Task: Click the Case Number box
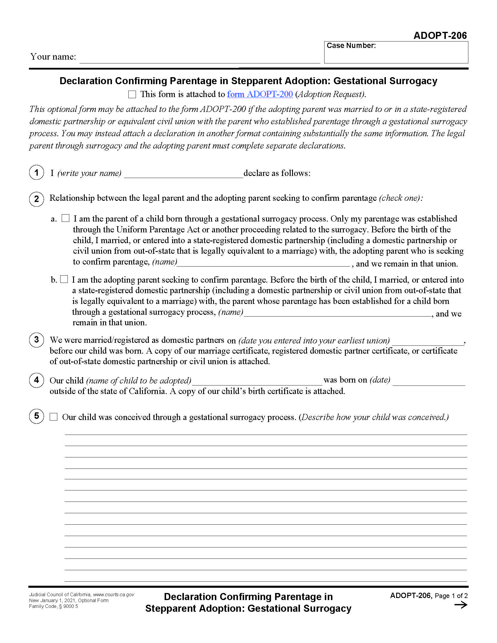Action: point(396,54)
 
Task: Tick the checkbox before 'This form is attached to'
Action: point(132,94)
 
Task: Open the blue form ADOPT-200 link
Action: point(260,94)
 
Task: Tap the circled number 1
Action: point(37,172)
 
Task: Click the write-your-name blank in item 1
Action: point(183,174)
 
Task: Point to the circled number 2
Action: point(37,199)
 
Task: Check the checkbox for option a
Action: point(65,218)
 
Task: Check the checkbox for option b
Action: point(64,279)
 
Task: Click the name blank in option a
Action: point(263,263)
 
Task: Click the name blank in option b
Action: point(337,313)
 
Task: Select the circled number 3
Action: point(37,340)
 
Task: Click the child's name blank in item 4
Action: point(257,381)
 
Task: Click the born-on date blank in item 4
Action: point(429,381)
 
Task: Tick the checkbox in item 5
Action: point(54,417)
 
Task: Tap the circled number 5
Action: point(37,416)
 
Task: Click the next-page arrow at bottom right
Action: point(461,605)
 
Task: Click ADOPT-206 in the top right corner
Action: point(440,36)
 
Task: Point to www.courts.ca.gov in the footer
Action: point(114,595)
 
